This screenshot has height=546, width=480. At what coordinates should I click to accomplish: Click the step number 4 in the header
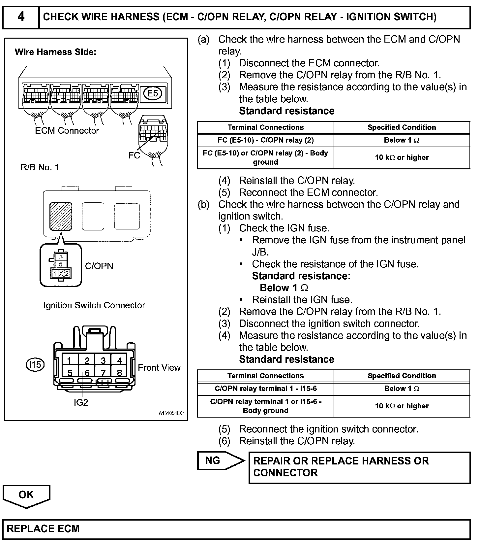tap(20, 17)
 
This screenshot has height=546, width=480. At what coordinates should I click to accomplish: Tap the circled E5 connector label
tap(153, 93)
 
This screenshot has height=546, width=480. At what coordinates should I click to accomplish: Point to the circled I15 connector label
tap(35, 364)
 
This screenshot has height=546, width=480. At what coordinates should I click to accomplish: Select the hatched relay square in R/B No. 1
tap(61, 216)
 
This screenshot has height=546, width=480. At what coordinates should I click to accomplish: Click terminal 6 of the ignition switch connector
tap(87, 373)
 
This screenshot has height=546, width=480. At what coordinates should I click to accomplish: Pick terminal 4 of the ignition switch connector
tap(119, 360)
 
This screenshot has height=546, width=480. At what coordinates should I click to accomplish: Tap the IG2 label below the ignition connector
tap(81, 402)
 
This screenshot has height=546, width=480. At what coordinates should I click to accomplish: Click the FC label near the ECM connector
tap(134, 155)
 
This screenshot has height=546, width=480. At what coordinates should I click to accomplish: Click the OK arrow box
tap(26, 495)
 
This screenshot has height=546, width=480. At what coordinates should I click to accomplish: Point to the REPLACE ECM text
tap(43, 529)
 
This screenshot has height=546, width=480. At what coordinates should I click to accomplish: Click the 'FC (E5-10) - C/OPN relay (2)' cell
tap(265, 140)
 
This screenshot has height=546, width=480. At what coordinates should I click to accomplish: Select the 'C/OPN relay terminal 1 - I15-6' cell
tap(265, 389)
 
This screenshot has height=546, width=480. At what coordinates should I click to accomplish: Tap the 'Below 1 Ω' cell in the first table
tap(402, 140)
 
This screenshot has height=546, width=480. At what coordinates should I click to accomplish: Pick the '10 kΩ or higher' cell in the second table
tap(402, 406)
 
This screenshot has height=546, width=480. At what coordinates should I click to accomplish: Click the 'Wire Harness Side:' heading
tap(56, 52)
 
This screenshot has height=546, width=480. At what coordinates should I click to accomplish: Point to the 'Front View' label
tap(159, 367)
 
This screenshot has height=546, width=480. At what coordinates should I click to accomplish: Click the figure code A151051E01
tap(171, 413)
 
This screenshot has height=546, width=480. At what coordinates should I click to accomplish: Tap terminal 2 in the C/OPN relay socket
tap(67, 274)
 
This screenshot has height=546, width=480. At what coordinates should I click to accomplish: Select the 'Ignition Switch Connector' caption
tap(94, 305)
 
